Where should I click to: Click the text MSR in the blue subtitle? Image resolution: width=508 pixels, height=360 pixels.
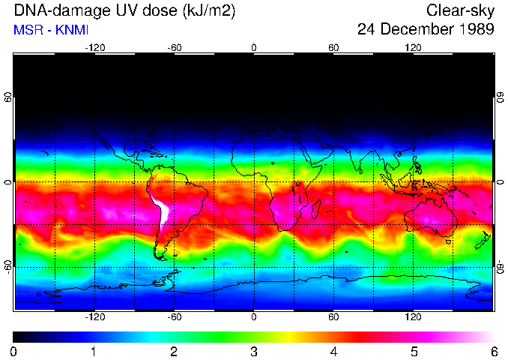pyautogui.click(x=26, y=30)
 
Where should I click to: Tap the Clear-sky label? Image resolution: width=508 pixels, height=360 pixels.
pyautogui.click(x=460, y=10)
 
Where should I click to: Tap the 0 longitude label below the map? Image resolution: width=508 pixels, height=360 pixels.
pyautogui.click(x=254, y=317)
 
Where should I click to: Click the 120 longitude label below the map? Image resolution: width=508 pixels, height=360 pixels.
pyautogui.click(x=413, y=317)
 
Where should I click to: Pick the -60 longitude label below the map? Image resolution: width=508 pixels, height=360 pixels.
pyautogui.click(x=174, y=317)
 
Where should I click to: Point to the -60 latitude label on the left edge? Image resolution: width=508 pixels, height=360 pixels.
pyautogui.click(x=9, y=265)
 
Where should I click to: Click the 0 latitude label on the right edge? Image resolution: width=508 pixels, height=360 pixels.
pyautogui.click(x=500, y=182)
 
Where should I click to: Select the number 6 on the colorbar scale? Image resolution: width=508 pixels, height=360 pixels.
pyautogui.click(x=494, y=351)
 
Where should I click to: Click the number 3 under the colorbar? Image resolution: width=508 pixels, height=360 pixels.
pyautogui.click(x=254, y=351)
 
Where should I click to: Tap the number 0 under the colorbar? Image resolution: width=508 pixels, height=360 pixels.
pyautogui.click(x=14, y=351)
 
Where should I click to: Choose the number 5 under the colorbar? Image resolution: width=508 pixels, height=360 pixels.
pyautogui.click(x=414, y=351)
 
